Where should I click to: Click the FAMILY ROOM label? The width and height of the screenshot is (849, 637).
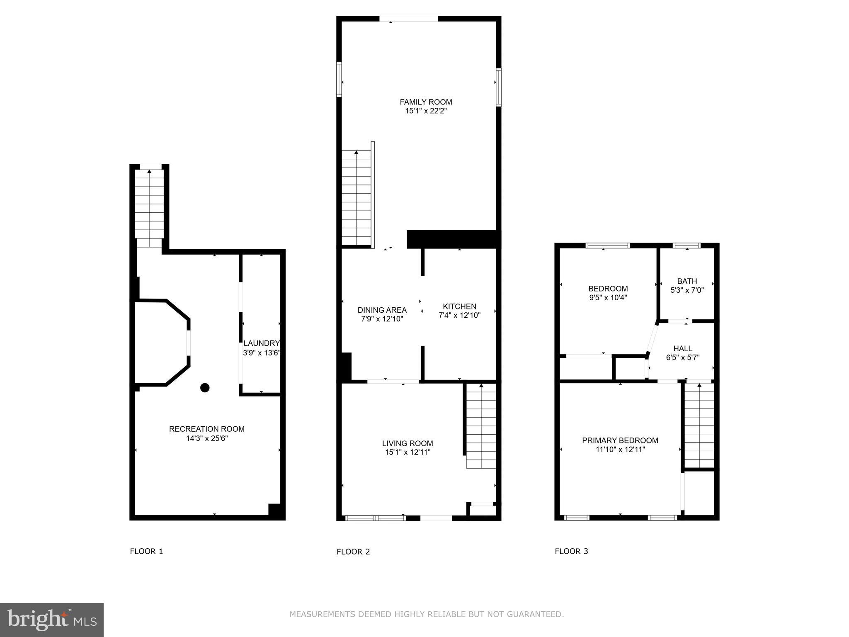click(x=426, y=102)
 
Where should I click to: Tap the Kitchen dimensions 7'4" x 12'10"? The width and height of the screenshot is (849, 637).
click(x=459, y=316)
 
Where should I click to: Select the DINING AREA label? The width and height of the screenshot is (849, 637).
click(x=382, y=310)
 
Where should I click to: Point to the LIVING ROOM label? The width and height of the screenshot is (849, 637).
click(x=408, y=444)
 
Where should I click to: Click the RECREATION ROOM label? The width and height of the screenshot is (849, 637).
click(x=206, y=429)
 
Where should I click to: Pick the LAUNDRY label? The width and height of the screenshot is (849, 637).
click(x=262, y=343)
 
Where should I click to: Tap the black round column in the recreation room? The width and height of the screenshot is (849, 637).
click(x=205, y=388)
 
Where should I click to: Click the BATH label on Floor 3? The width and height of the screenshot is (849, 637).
click(x=687, y=281)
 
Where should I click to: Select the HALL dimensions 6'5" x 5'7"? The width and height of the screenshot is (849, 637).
click(x=682, y=357)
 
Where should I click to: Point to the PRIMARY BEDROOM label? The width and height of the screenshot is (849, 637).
click(x=620, y=440)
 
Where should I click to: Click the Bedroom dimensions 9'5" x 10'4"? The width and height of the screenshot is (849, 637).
click(x=608, y=298)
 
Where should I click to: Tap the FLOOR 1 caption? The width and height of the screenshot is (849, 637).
click(x=146, y=551)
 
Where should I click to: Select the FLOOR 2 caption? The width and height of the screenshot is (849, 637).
click(x=353, y=552)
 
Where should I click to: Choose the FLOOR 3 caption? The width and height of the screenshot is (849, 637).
click(x=571, y=551)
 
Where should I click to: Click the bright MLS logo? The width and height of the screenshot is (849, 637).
click(x=51, y=620)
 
